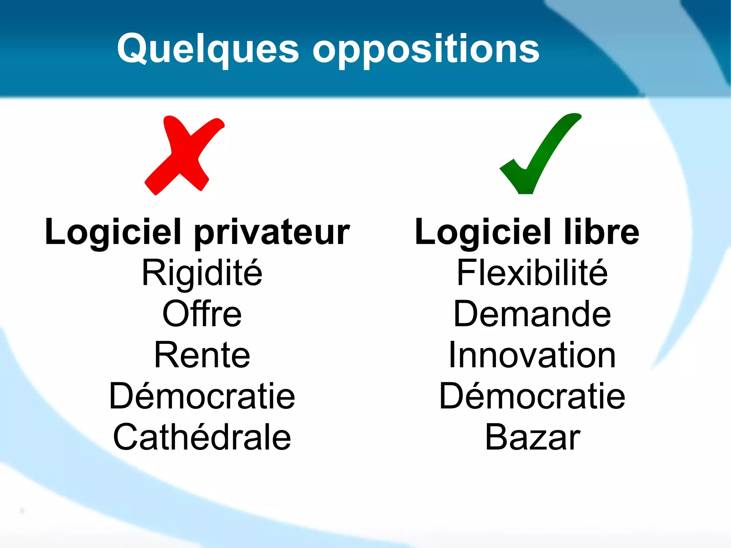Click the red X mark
184,155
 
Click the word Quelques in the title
208,49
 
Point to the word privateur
272,233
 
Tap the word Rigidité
202,273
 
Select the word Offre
202,314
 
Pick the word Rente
202,355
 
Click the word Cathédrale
202,437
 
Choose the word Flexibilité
532,273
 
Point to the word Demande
532,314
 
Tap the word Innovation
532,355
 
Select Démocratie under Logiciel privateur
202,396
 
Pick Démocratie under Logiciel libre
532,396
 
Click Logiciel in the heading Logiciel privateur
114,233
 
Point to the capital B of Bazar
496,437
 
